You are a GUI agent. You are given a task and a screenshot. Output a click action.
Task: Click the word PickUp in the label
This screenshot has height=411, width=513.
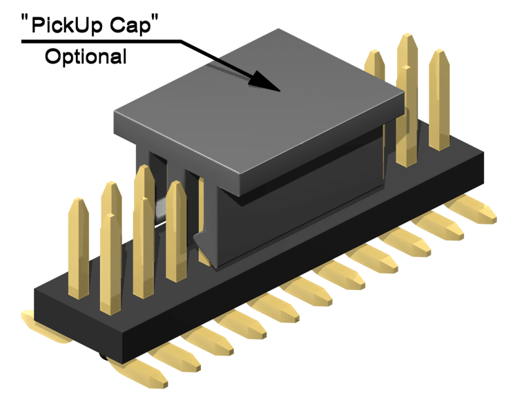[x=68, y=26]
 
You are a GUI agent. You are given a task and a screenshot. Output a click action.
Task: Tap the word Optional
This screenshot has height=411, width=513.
[x=86, y=57]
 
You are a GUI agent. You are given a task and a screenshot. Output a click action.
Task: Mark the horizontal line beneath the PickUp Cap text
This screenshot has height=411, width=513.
[x=101, y=41]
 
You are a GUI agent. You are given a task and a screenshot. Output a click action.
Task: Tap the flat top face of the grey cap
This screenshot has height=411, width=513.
[x=258, y=108]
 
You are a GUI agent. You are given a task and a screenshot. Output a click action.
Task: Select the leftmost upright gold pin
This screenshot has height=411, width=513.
[x=79, y=248]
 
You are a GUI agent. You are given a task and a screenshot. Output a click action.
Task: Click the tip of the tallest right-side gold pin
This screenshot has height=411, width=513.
[x=407, y=34]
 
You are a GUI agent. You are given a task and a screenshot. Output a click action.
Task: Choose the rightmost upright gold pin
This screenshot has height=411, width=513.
[x=439, y=99]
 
